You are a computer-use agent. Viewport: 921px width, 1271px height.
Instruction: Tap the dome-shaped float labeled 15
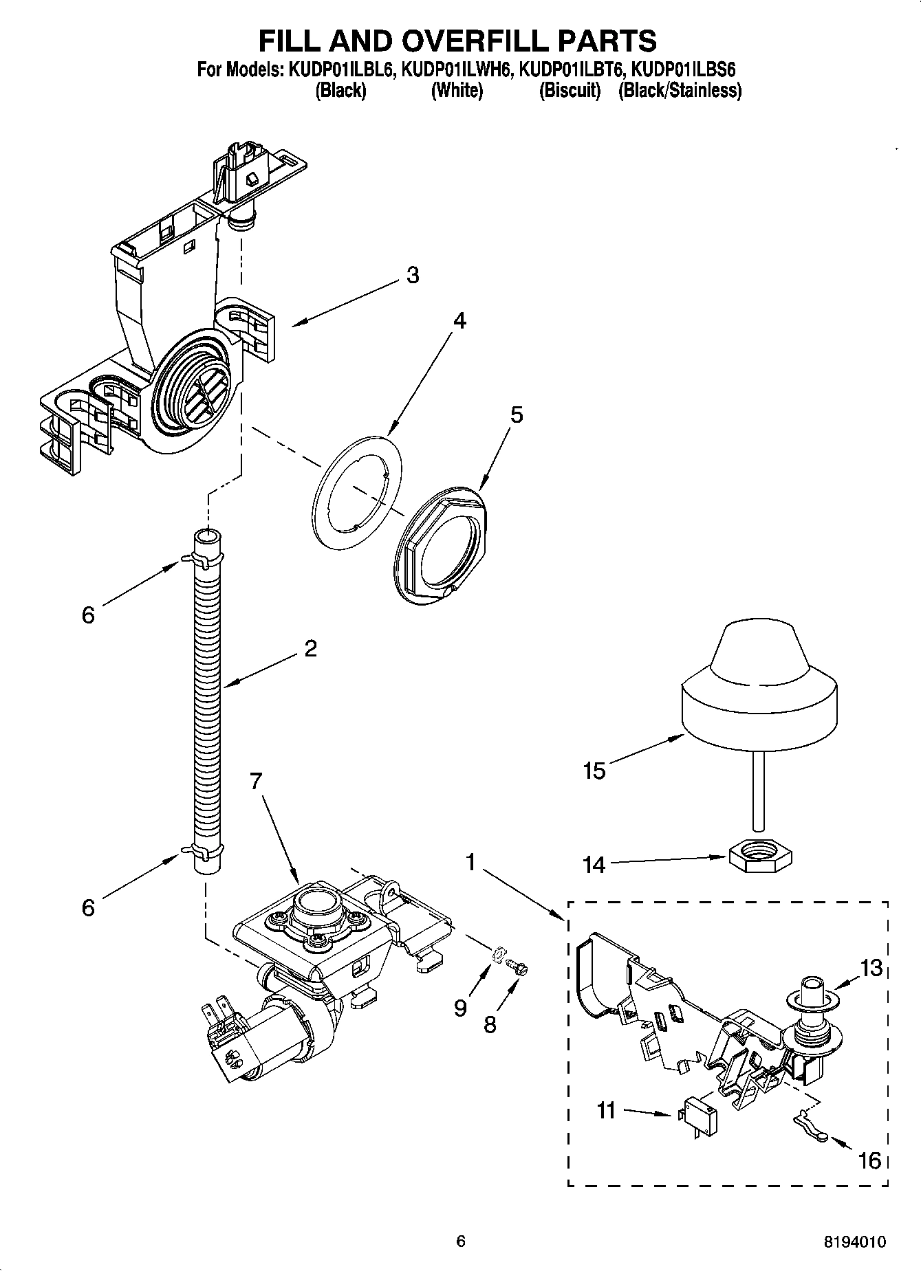click(759, 694)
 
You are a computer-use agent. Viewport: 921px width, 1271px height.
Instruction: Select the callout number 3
click(412, 275)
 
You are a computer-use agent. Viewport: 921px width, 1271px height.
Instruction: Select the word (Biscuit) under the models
click(570, 91)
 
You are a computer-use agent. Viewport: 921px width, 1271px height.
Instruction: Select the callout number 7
click(255, 781)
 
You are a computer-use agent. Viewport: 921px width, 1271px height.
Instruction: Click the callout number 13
click(870, 968)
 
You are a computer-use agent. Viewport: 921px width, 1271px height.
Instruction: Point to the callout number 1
click(471, 862)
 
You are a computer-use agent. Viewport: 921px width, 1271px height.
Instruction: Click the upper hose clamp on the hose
click(204, 560)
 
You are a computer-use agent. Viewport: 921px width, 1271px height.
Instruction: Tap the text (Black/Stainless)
click(680, 91)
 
